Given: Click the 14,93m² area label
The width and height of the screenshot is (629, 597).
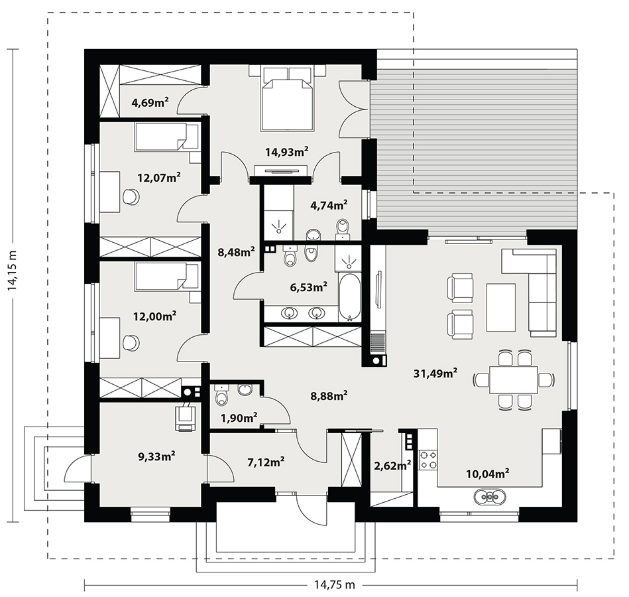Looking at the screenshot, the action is click(x=287, y=152).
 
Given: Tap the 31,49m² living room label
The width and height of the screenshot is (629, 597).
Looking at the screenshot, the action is click(x=435, y=373).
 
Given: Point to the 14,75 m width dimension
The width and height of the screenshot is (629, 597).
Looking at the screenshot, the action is click(x=333, y=584).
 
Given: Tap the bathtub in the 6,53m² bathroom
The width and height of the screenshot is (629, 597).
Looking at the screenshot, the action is click(x=349, y=297).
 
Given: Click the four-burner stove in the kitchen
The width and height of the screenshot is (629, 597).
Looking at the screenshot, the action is click(x=428, y=460).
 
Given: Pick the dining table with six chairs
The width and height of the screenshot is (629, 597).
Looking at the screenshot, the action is click(x=513, y=380).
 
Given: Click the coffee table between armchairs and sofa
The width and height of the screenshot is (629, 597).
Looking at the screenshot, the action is click(x=501, y=307).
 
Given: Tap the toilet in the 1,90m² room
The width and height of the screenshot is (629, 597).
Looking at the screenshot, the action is click(x=221, y=395).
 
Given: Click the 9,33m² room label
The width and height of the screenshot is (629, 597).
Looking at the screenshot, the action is click(x=156, y=456).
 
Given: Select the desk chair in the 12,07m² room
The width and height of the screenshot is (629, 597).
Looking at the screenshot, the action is click(x=131, y=196).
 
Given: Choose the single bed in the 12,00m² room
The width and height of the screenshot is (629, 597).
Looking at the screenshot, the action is click(x=167, y=276).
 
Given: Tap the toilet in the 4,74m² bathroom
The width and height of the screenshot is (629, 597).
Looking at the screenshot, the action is click(x=343, y=229).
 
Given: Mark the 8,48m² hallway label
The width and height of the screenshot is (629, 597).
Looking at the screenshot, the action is click(x=236, y=252).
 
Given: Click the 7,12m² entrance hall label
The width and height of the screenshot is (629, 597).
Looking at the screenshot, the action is click(x=266, y=462).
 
